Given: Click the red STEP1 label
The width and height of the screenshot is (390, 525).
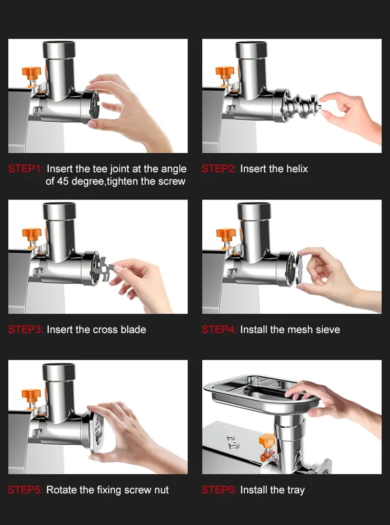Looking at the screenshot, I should [x=26, y=169].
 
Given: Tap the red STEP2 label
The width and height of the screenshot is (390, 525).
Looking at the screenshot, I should [x=219, y=169].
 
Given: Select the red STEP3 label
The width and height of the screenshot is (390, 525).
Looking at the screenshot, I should [x=26, y=329].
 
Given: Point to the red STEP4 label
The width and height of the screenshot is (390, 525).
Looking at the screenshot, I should [x=219, y=329].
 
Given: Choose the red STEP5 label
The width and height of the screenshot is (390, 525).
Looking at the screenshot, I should [x=26, y=490].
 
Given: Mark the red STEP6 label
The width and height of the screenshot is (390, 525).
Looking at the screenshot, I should [x=219, y=490].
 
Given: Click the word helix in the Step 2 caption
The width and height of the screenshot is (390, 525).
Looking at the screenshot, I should [x=297, y=169].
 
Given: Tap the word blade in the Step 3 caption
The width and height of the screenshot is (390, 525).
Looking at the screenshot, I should [x=133, y=329].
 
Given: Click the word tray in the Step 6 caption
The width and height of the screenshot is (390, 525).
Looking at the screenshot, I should [x=295, y=490].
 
